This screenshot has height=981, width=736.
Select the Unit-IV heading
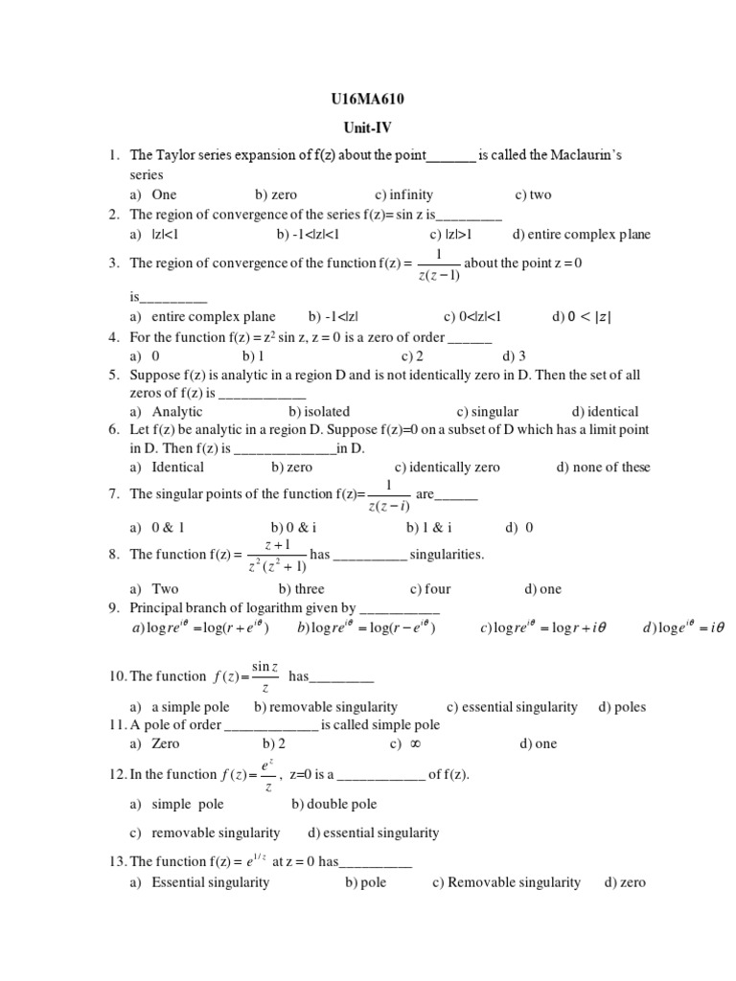(x=368, y=127)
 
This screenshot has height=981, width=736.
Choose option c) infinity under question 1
(x=404, y=194)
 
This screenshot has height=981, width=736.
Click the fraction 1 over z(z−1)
(x=439, y=265)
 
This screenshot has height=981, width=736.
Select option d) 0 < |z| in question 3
(x=582, y=316)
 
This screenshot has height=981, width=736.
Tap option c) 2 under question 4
(x=413, y=355)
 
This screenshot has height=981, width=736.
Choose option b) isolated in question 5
(x=319, y=412)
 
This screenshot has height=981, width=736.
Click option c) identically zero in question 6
(x=448, y=468)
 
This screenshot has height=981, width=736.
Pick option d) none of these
(x=603, y=468)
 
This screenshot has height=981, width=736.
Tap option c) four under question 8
(x=430, y=589)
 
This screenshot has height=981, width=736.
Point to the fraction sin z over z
(x=264, y=676)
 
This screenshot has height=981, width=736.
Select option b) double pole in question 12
(x=334, y=805)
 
